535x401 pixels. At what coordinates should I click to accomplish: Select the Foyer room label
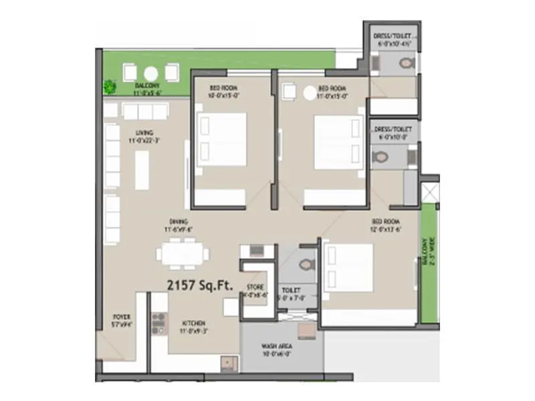[122, 319]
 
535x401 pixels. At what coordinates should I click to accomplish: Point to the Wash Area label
[275, 350]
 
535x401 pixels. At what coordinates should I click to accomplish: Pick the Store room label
[255, 291]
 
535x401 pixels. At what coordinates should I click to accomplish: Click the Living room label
[144, 136]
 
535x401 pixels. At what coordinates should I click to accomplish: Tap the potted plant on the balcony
[109, 86]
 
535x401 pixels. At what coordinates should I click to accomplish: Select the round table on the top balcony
[151, 74]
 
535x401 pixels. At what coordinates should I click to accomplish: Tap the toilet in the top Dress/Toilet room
[405, 64]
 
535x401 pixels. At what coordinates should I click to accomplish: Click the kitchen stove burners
[158, 323]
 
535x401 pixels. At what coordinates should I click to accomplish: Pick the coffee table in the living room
[142, 169]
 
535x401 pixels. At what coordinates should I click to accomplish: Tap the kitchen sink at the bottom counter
[228, 364]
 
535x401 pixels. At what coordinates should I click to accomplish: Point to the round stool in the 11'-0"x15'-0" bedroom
[310, 94]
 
